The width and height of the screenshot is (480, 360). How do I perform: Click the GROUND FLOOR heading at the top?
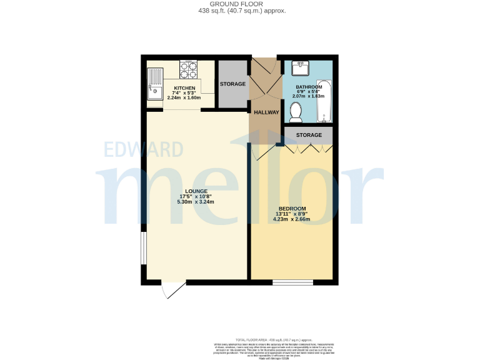pos(240,4)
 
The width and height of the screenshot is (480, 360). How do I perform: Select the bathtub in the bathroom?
pos(323,101)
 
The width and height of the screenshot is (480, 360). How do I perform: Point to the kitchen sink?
pos(154,84)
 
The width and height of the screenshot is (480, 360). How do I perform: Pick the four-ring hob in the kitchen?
pos(188,68)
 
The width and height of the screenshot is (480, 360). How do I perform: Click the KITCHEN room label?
pos(184,88)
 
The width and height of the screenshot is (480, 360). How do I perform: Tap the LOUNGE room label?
pos(196,191)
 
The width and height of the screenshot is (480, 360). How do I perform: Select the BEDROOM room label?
pos(292,208)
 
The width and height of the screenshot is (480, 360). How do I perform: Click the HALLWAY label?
pos(266,112)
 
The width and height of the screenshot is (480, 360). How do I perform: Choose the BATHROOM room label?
pos(309,86)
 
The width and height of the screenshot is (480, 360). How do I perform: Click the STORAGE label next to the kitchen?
pos(232,84)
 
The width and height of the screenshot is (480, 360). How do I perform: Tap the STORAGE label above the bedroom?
pos(309,135)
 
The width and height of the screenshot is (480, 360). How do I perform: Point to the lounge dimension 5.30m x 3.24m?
pos(196,202)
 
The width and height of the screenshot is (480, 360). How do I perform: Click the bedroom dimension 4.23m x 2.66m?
pos(292,219)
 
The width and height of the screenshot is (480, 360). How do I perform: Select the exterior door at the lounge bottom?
pos(172,288)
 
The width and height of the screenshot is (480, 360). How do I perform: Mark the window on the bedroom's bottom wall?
pos(292,282)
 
